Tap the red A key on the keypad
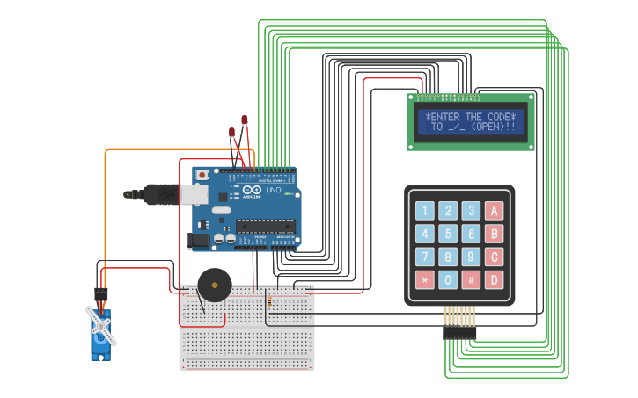pos(494,211)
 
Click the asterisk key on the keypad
pos(425,280)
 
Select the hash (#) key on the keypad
pos(471,280)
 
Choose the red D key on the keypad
pos(494,280)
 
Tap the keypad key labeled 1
pos(425,211)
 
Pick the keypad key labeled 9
pos(471,257)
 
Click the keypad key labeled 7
pos(425,257)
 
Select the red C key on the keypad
pos(494,257)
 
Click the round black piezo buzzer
pos(214,286)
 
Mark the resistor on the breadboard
pos(268,301)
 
